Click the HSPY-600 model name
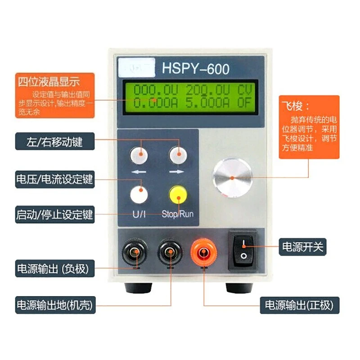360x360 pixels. click(x=195, y=68)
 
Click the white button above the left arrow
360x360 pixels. click(x=139, y=155)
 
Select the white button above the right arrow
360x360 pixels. click(x=178, y=155)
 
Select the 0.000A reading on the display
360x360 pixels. click(x=153, y=102)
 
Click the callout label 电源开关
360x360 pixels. click(x=302, y=246)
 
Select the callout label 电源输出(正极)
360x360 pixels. click(x=299, y=306)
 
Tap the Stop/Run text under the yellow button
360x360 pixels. click(x=177, y=214)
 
